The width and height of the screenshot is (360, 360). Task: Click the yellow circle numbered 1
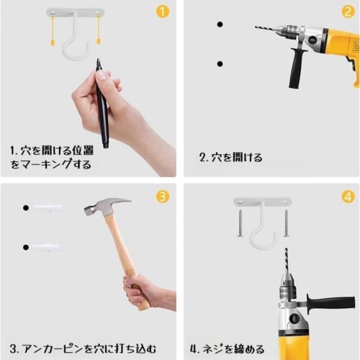pyautogui.click(x=163, y=12)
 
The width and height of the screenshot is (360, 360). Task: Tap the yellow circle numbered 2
pyautogui.click(x=348, y=12)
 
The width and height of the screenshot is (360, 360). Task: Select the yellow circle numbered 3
pyautogui.click(x=163, y=197)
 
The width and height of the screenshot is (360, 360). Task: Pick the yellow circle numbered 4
pyautogui.click(x=348, y=197)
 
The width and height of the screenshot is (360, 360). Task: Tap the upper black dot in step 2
pyautogui.click(x=220, y=24)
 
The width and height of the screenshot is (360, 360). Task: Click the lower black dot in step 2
pyautogui.click(x=220, y=64)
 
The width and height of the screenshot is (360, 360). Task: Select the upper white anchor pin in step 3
pyautogui.click(x=48, y=207)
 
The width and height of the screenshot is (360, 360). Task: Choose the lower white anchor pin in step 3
pyautogui.click(x=46, y=247)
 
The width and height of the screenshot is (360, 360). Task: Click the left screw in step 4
pyautogui.click(x=240, y=223)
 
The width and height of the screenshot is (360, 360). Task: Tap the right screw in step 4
pyautogui.click(x=286, y=223)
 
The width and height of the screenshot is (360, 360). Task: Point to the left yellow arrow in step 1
pyautogui.click(x=53, y=30)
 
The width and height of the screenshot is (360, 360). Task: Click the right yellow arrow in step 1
pyautogui.click(x=99, y=30)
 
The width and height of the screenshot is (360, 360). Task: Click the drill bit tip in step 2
pyautogui.click(x=256, y=27)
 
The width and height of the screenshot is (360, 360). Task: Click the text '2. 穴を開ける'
pyautogui.click(x=231, y=158)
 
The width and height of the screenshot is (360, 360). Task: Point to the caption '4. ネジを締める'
pyautogui.click(x=227, y=348)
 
